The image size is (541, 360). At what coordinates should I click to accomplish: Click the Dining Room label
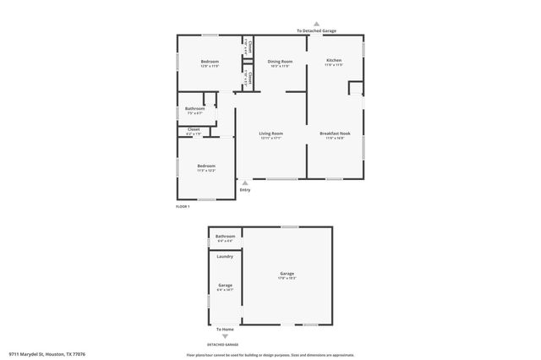(280, 62)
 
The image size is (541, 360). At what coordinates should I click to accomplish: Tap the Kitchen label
(334, 62)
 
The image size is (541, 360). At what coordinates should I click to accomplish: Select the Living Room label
(270, 134)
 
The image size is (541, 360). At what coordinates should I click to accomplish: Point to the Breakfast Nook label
(335, 134)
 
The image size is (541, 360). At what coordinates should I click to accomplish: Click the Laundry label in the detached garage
(225, 256)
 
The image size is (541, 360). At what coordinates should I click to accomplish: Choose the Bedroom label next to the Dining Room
(210, 62)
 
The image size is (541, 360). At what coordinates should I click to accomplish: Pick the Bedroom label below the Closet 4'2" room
(206, 166)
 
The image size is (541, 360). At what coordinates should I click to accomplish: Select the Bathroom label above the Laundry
(225, 236)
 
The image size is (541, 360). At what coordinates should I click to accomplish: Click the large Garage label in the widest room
(287, 273)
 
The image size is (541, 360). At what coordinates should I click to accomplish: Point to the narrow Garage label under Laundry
(225, 286)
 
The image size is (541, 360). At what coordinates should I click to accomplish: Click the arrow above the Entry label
(245, 182)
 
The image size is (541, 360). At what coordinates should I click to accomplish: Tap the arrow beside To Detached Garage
(316, 24)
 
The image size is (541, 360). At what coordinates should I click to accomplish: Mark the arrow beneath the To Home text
(224, 336)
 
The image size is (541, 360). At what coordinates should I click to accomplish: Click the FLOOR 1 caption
(183, 207)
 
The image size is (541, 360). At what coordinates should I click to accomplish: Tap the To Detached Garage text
(316, 31)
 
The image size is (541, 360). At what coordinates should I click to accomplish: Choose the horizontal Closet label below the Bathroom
(194, 130)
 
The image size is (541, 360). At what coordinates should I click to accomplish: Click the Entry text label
(245, 190)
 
